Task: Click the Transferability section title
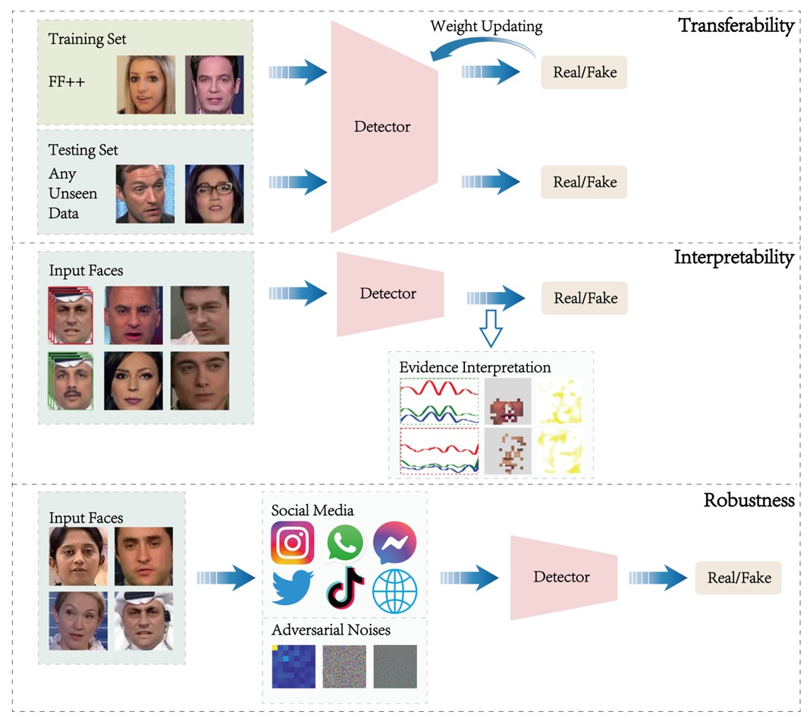coord(736,26)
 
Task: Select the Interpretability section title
coord(733,258)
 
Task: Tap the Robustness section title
coord(749,500)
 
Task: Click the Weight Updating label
coord(486,27)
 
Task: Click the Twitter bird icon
coord(293,588)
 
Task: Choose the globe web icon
coord(394,591)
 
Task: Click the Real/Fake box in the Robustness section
coord(739,578)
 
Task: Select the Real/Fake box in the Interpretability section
coord(585,299)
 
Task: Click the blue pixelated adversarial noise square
coord(293,666)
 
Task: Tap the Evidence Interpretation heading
coord(475,368)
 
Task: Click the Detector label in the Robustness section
coord(561,578)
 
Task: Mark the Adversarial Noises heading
coord(331,630)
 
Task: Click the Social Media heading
coord(312,511)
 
